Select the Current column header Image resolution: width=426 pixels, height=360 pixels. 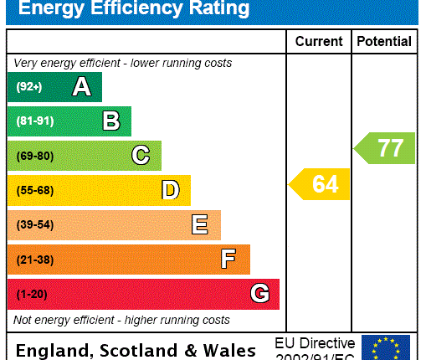pos(319,41)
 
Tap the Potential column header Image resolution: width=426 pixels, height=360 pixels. pos(384,41)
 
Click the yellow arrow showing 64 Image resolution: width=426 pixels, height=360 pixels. pos(320,184)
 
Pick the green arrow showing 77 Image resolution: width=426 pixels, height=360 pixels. pos(385,148)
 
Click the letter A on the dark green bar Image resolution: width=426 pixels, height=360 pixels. pos(81,86)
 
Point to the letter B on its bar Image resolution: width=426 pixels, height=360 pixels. pos(111,121)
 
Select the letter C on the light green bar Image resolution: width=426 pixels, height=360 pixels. pos(141,156)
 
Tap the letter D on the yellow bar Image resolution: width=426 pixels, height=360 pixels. pos(171,190)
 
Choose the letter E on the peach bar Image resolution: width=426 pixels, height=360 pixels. pos(200,224)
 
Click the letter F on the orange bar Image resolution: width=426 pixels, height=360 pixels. pos(228,259)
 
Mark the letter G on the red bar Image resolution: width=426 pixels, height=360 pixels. pos(260,294)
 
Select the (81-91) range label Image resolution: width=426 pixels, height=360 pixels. pos(34,121)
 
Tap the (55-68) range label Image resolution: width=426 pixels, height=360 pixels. pos(34,190)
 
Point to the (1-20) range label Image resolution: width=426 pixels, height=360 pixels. pos(32,294)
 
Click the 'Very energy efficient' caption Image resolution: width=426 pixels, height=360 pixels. pos(123,63)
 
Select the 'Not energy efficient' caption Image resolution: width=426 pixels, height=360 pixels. pos(121,320)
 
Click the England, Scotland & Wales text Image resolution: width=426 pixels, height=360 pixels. pos(136,350)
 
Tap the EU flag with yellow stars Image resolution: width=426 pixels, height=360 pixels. pos(386,347)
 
